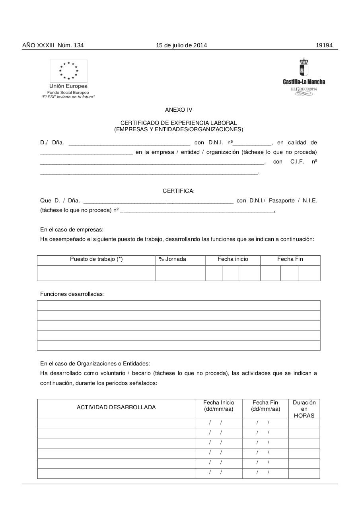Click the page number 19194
click(x=324, y=45)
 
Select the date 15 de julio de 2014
click(x=181, y=45)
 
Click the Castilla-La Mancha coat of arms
click(x=304, y=68)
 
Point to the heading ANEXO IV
click(x=179, y=110)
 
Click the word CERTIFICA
click(x=179, y=191)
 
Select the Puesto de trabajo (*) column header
click(x=96, y=259)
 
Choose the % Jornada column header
click(x=172, y=259)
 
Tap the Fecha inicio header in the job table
click(x=233, y=259)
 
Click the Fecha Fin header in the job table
click(x=290, y=259)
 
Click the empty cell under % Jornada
click(x=180, y=273)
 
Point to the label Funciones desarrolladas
click(x=72, y=294)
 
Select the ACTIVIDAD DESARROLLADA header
click(x=116, y=407)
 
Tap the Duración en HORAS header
click(x=304, y=409)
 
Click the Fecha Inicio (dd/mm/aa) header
click(x=218, y=406)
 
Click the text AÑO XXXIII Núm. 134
click(x=53, y=45)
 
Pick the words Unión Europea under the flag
click(x=68, y=86)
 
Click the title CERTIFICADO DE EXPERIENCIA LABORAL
click(x=179, y=123)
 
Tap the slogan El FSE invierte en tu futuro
click(x=68, y=97)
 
